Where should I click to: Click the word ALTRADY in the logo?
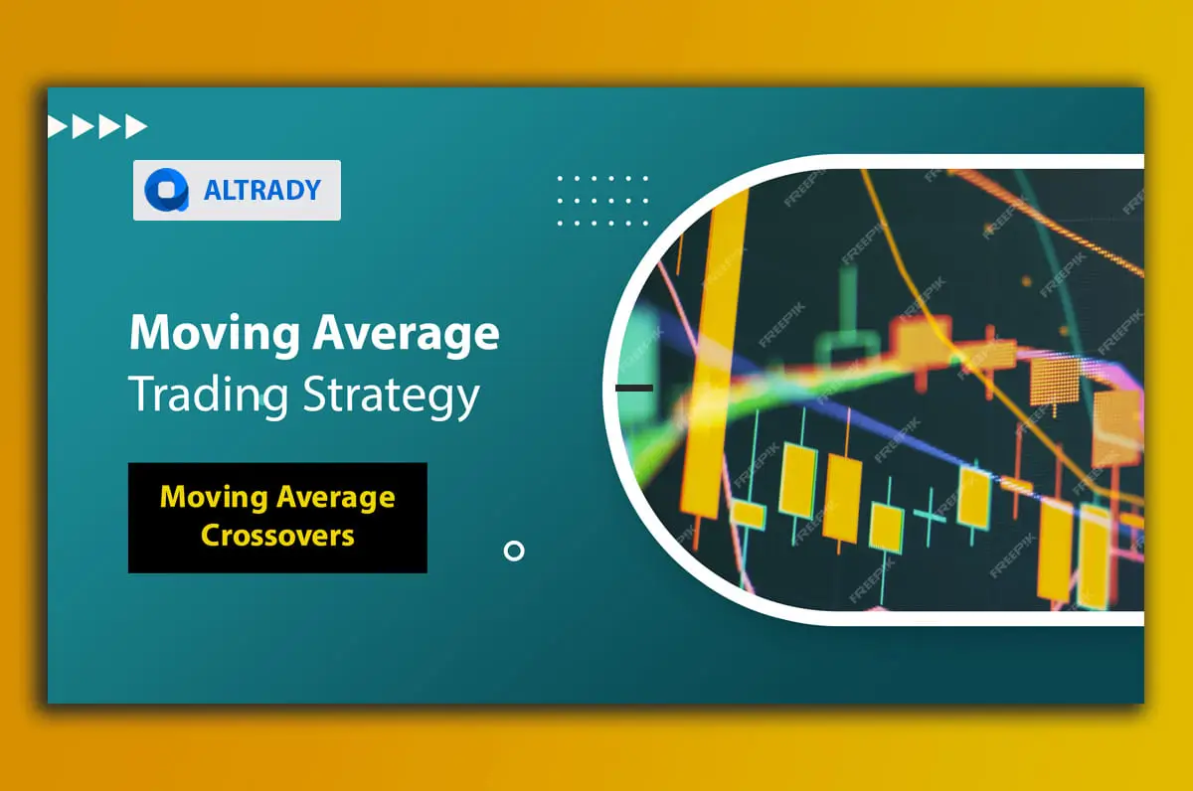coord(262,190)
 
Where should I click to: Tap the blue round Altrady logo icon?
coord(167,190)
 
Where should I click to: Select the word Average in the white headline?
coord(406,334)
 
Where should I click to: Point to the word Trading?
coord(208,395)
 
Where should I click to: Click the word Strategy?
coord(391,395)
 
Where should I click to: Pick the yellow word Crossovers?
coord(277,535)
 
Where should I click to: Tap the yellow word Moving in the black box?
coord(214,498)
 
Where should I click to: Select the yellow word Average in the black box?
coord(336,498)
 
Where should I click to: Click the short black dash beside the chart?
coord(634,389)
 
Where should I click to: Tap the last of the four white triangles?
coord(136,126)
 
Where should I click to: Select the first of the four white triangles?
coord(57,126)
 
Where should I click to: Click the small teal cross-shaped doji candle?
coord(930,514)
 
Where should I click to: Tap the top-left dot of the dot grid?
coord(560,179)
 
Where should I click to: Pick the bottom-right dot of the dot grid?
coord(645,223)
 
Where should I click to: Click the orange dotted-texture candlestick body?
coord(1055,382)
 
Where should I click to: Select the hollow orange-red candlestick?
coord(923,341)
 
